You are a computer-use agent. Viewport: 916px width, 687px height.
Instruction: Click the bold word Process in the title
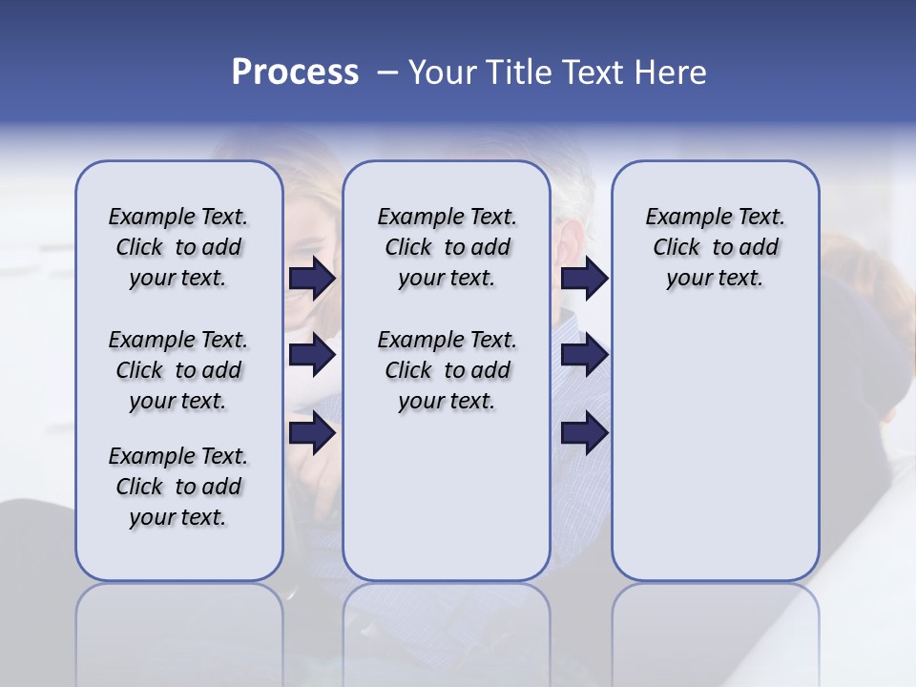(295, 73)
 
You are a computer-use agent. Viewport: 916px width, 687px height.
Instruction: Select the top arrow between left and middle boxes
(312, 279)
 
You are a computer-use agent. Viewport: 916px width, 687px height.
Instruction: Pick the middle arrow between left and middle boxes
(312, 356)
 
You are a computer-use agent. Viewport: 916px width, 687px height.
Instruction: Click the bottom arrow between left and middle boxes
(312, 433)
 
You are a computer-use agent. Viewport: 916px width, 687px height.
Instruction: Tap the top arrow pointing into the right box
(584, 279)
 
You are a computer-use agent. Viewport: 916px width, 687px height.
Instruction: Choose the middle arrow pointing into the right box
(584, 356)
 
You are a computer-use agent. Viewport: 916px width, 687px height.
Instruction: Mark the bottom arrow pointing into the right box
(584, 433)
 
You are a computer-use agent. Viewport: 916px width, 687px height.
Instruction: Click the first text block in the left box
(178, 247)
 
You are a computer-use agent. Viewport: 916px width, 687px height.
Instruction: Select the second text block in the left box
(178, 370)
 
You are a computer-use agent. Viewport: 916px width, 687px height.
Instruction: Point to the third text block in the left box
(178, 487)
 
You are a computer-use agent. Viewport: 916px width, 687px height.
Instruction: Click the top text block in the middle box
(447, 247)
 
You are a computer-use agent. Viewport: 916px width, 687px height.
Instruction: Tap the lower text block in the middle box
(447, 370)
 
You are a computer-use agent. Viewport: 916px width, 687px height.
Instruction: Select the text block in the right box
(715, 247)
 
